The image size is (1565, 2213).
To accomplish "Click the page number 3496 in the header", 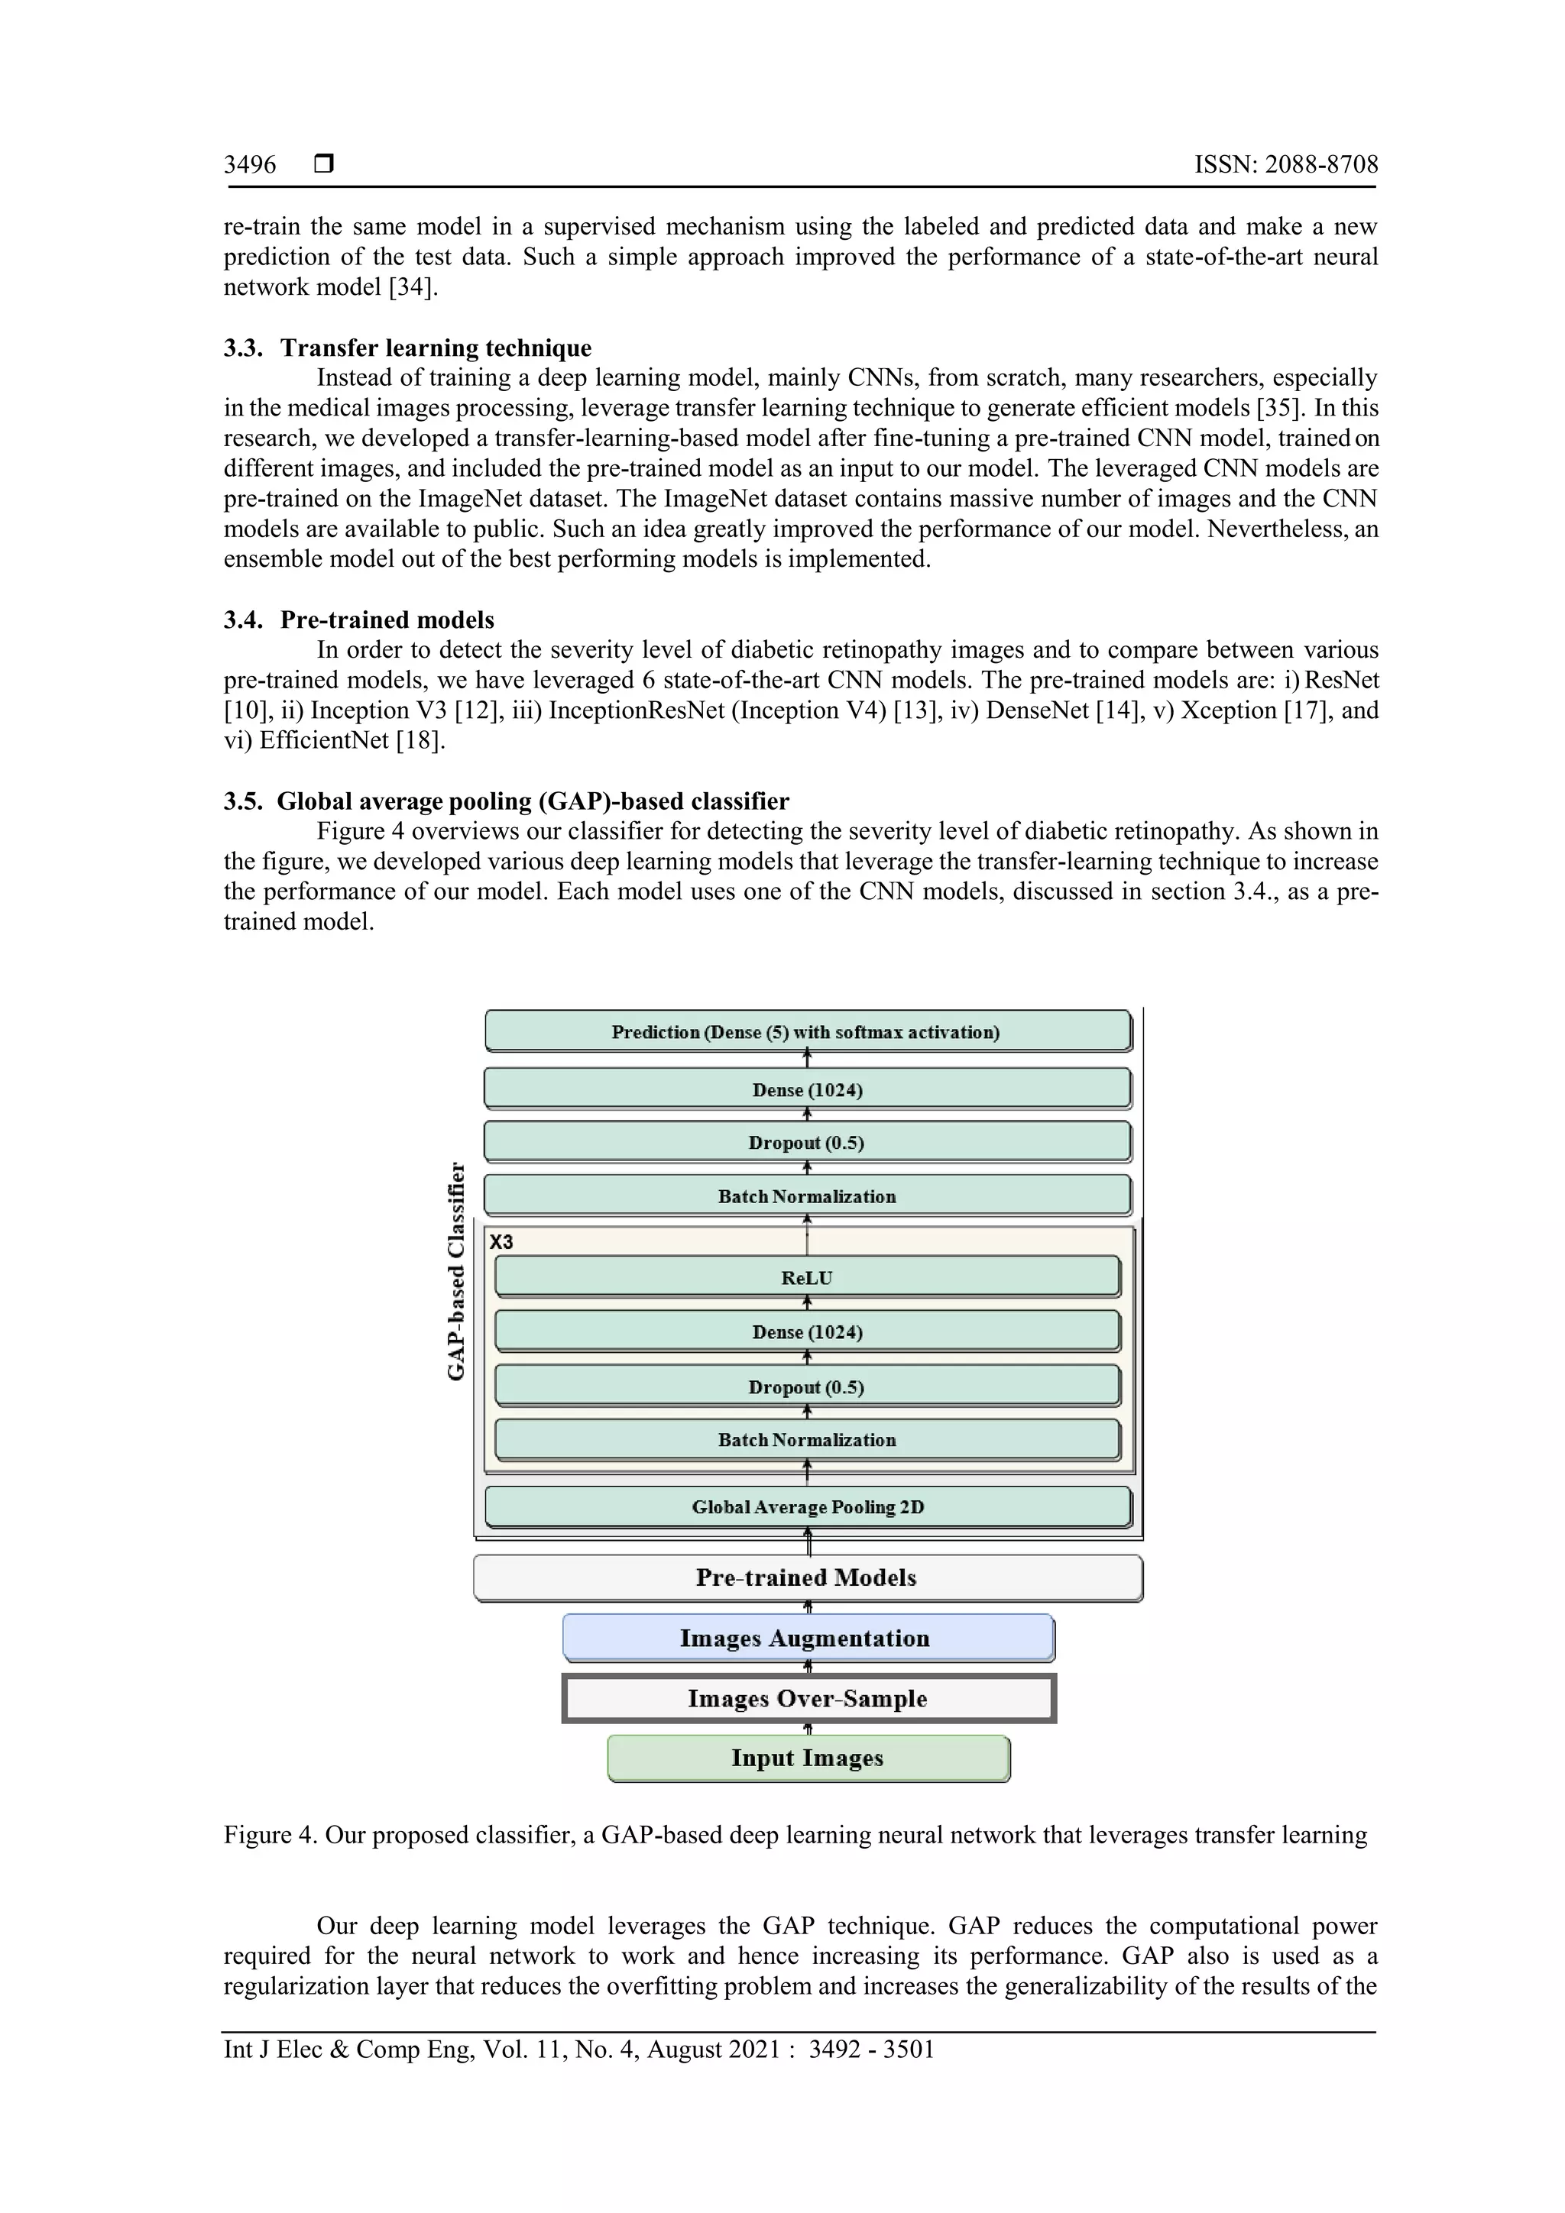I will point(250,165).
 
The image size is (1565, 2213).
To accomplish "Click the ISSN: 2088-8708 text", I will point(1285,165).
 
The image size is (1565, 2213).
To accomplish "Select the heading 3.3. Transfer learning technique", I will point(408,348).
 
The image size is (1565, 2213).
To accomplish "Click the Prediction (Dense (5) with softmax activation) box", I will point(807,1031).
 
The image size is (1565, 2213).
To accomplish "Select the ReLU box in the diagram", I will point(807,1278).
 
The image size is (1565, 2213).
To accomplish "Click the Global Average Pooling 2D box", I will point(807,1506).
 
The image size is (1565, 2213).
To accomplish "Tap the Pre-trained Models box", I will point(807,1578).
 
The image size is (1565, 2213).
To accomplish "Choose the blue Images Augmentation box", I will point(807,1639).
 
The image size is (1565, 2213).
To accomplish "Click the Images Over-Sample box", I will point(807,1698).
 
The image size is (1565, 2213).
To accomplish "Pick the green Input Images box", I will point(807,1758).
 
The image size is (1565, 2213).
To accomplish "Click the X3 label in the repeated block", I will point(501,1241).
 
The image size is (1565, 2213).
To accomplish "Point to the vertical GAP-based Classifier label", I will point(457,1270).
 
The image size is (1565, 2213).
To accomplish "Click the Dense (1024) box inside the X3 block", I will point(807,1332).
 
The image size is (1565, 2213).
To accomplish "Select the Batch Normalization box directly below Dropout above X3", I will point(807,1196).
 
